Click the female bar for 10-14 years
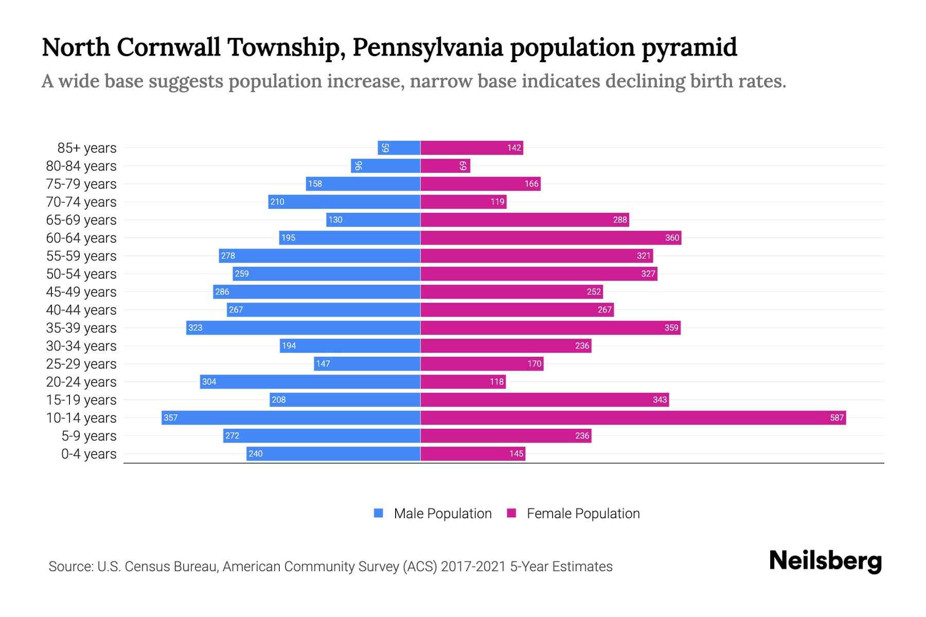click(x=633, y=418)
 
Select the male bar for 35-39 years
click(x=304, y=328)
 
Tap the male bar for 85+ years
click(x=399, y=148)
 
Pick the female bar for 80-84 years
click(x=445, y=166)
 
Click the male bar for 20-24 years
click(x=310, y=382)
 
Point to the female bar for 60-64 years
click(x=550, y=238)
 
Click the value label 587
click(x=836, y=418)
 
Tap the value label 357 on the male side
click(x=170, y=418)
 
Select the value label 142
click(x=514, y=148)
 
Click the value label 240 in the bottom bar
click(x=255, y=453)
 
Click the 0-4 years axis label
click(x=88, y=453)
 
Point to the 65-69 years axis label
click(x=81, y=220)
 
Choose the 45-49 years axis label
click(x=81, y=292)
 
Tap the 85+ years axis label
click(x=87, y=148)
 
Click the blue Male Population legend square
click(x=379, y=513)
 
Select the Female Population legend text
click(x=583, y=513)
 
